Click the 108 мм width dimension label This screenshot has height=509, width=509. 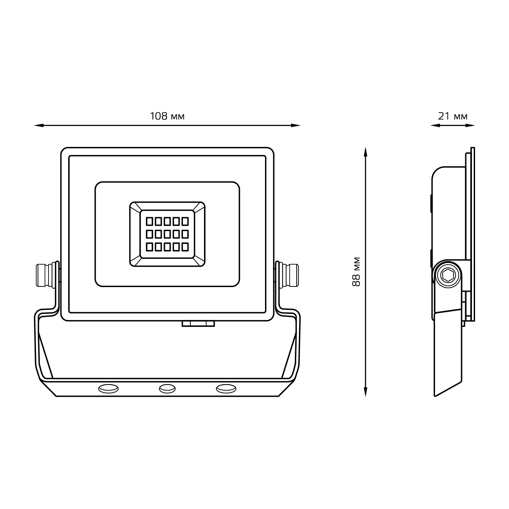point(167,116)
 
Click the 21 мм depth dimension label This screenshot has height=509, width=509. point(453,116)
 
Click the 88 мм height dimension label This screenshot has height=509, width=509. point(356,272)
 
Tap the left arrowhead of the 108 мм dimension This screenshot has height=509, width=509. point(38,126)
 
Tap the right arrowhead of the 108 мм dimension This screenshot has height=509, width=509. point(296,126)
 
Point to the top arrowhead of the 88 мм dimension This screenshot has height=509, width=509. point(365,152)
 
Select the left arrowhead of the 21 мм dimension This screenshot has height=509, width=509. point(435,126)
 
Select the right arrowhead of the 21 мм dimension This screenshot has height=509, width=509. point(470,126)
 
